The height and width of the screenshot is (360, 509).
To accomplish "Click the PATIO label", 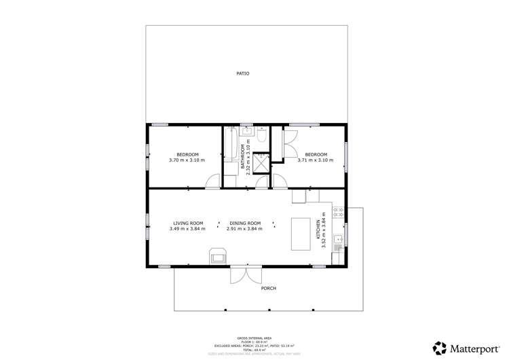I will click(x=243, y=73).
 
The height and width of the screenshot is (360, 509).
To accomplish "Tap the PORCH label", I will click(x=269, y=288).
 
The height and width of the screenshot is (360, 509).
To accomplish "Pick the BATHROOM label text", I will click(x=242, y=156).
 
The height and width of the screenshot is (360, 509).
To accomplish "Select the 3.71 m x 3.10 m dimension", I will click(x=316, y=160).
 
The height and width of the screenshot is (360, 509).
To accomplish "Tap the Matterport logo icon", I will click(x=440, y=348).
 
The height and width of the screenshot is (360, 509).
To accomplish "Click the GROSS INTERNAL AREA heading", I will click(x=254, y=338).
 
